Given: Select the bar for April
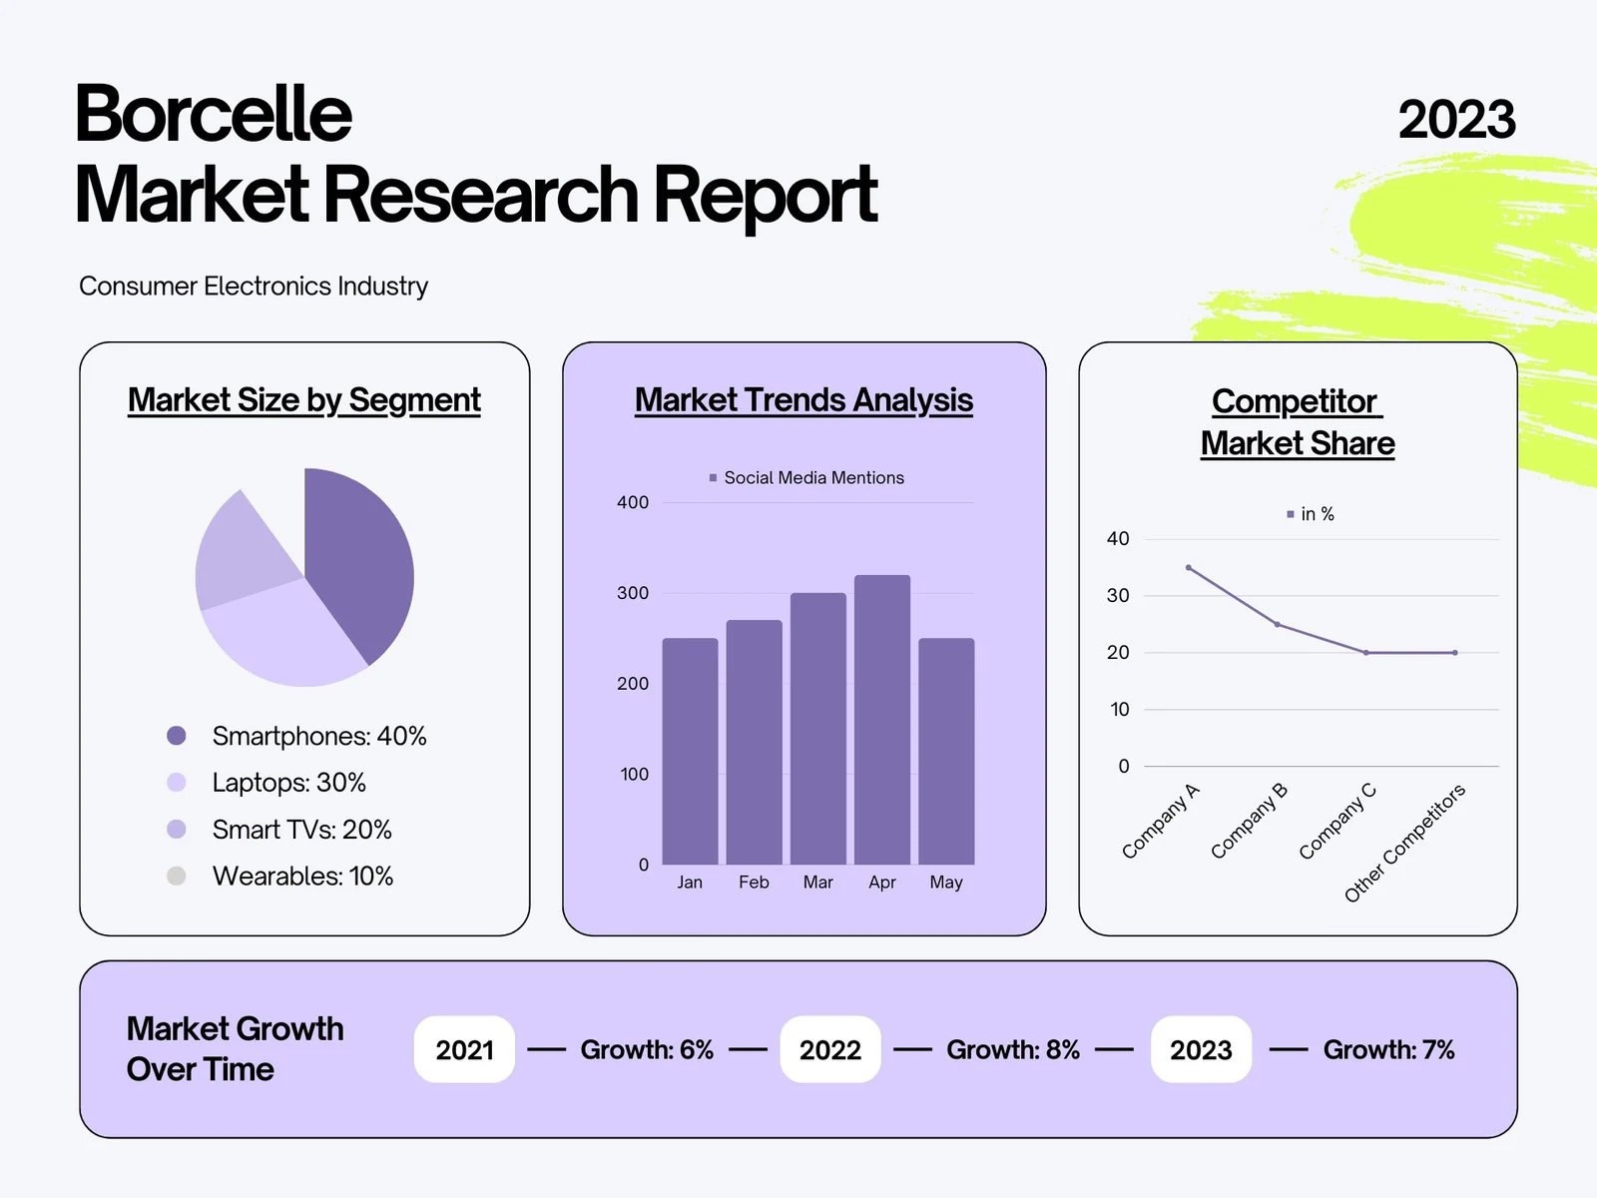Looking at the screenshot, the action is [x=881, y=720].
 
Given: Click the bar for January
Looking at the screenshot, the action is [x=690, y=752].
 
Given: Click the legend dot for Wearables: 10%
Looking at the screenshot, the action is [x=176, y=876].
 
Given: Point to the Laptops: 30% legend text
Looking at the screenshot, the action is [x=288, y=783].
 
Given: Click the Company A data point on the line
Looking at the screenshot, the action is [x=1189, y=567].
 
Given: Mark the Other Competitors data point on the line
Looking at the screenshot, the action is [x=1455, y=653].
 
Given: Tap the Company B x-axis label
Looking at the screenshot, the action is [x=1249, y=821].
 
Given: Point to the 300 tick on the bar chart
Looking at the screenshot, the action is [x=632, y=593].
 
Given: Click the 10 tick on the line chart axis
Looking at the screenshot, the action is [x=1120, y=709].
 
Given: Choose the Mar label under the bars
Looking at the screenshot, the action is [x=817, y=883].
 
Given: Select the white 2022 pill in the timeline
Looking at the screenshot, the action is [x=830, y=1049].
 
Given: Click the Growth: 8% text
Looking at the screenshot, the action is [x=1013, y=1049].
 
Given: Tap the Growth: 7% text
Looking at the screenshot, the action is [x=1389, y=1049].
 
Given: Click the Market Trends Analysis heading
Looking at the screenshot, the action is [x=803, y=400].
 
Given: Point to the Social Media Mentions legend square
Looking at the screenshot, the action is [x=713, y=478].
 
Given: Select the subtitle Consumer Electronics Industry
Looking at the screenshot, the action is [x=254, y=287].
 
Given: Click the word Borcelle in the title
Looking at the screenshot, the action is [x=214, y=114].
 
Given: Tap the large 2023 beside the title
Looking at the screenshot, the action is [x=1456, y=119].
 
